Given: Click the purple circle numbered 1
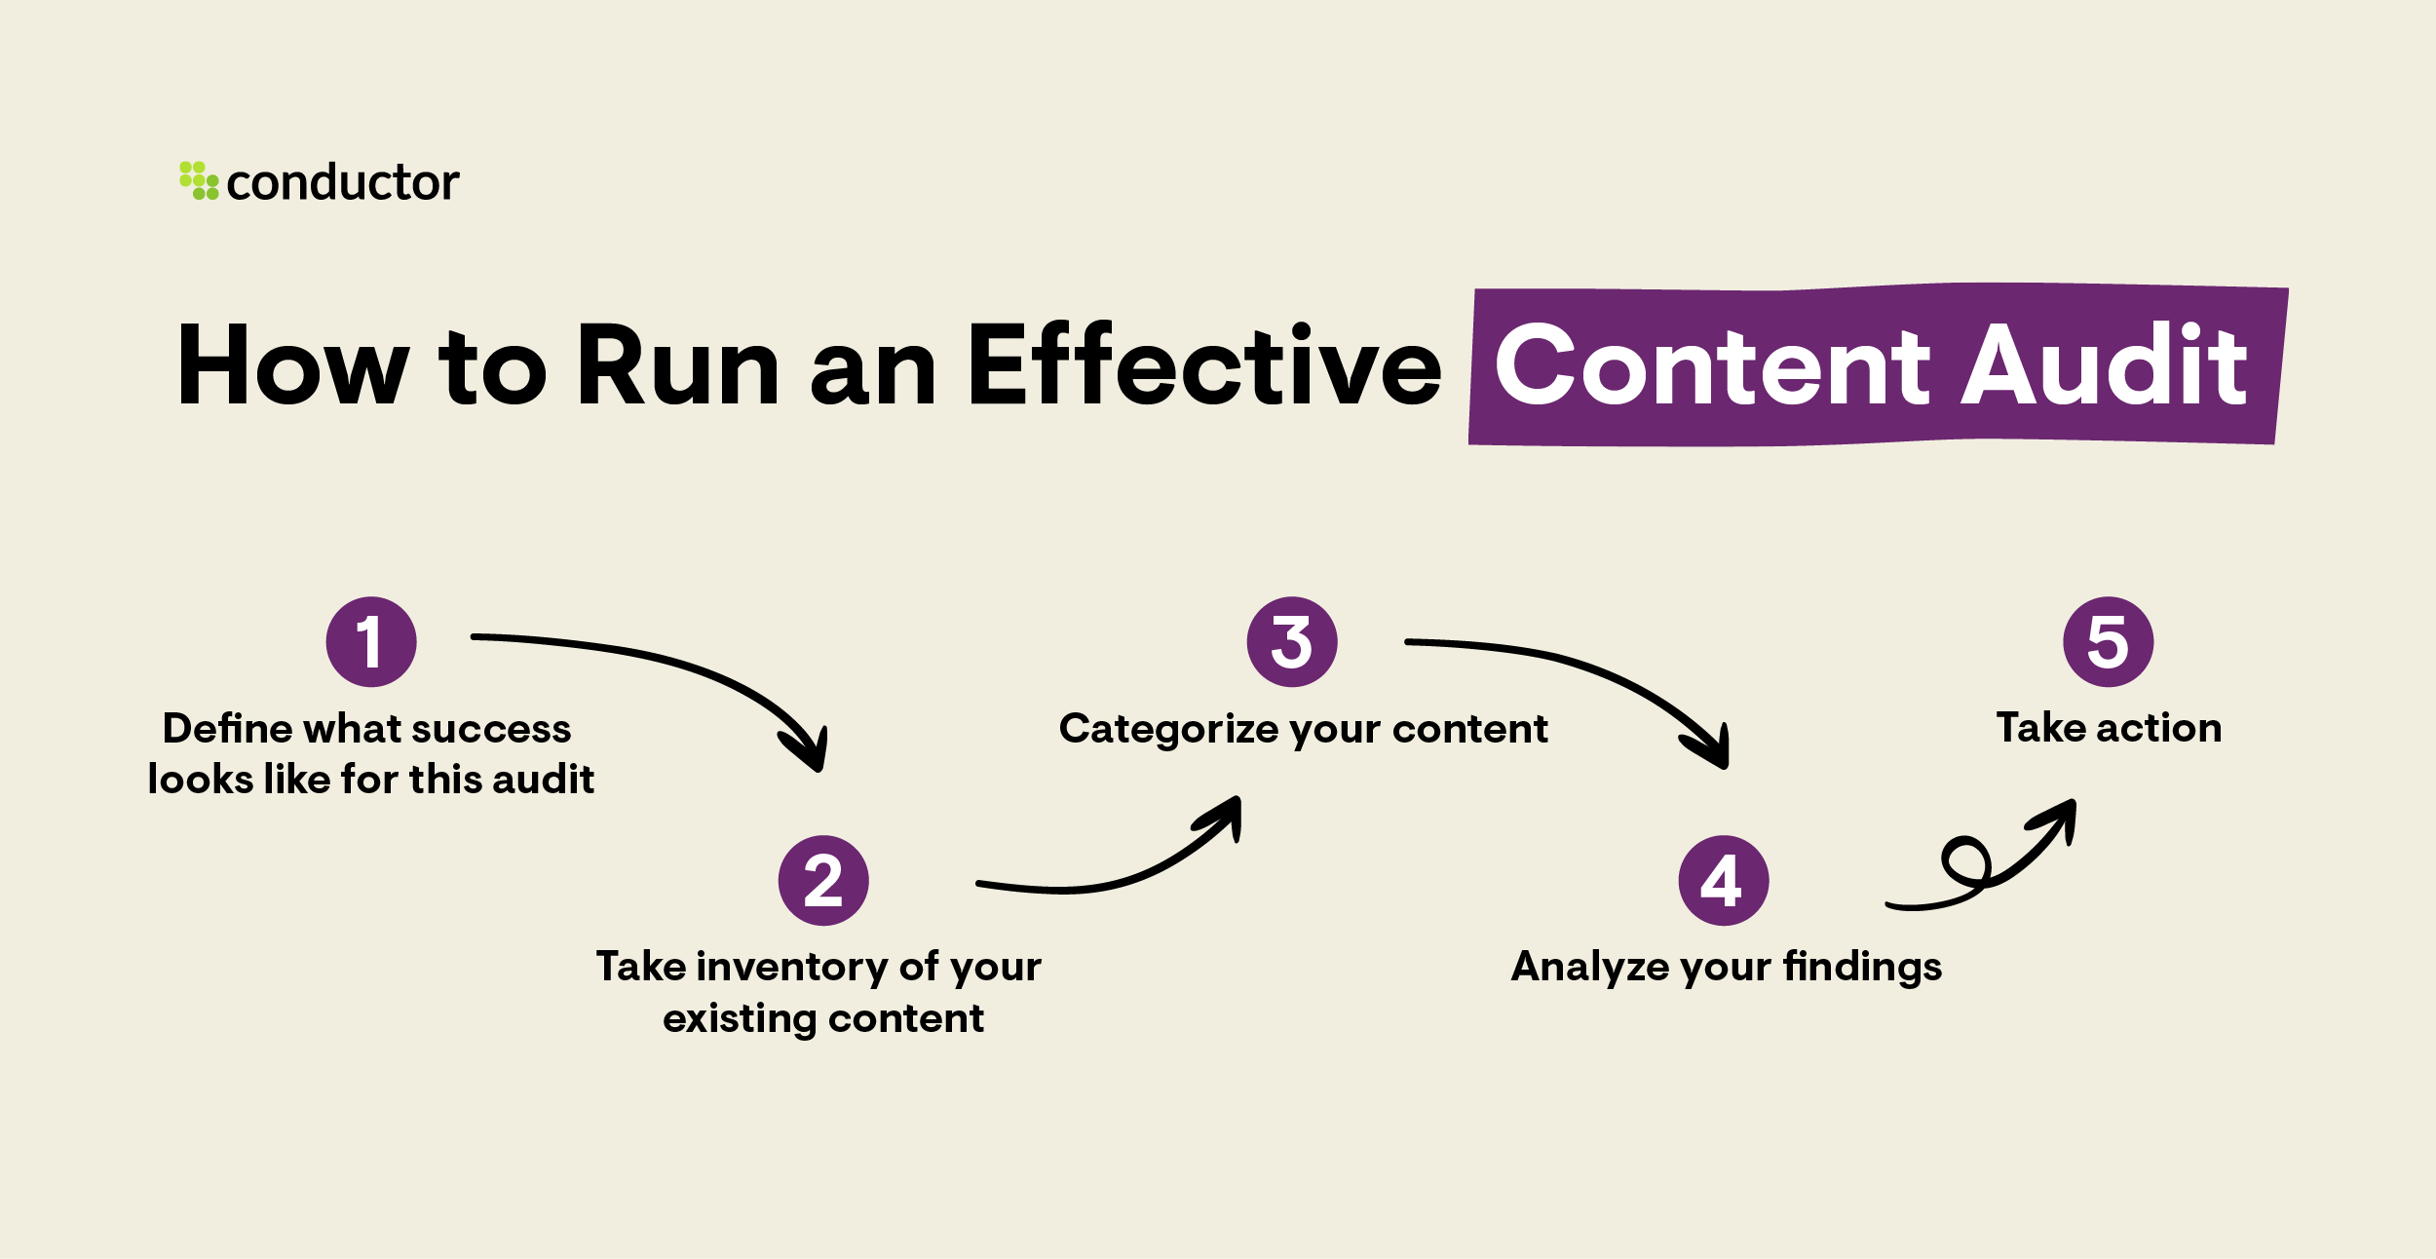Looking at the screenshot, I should coord(370,642).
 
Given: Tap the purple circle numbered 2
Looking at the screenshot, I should coord(823,880).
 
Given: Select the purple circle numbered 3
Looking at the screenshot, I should coord(1292,642).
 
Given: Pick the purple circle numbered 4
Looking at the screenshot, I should coord(1723,880).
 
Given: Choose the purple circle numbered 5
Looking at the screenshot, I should coord(2108,642).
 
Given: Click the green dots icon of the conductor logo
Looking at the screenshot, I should coord(199,181).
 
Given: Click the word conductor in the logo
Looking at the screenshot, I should coord(342,183).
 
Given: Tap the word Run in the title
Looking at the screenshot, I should coord(678,365).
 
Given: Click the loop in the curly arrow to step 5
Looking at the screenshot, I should coord(1966,863).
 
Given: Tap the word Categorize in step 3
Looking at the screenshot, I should coord(1167,730).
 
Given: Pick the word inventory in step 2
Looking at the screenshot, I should coord(792,968).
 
